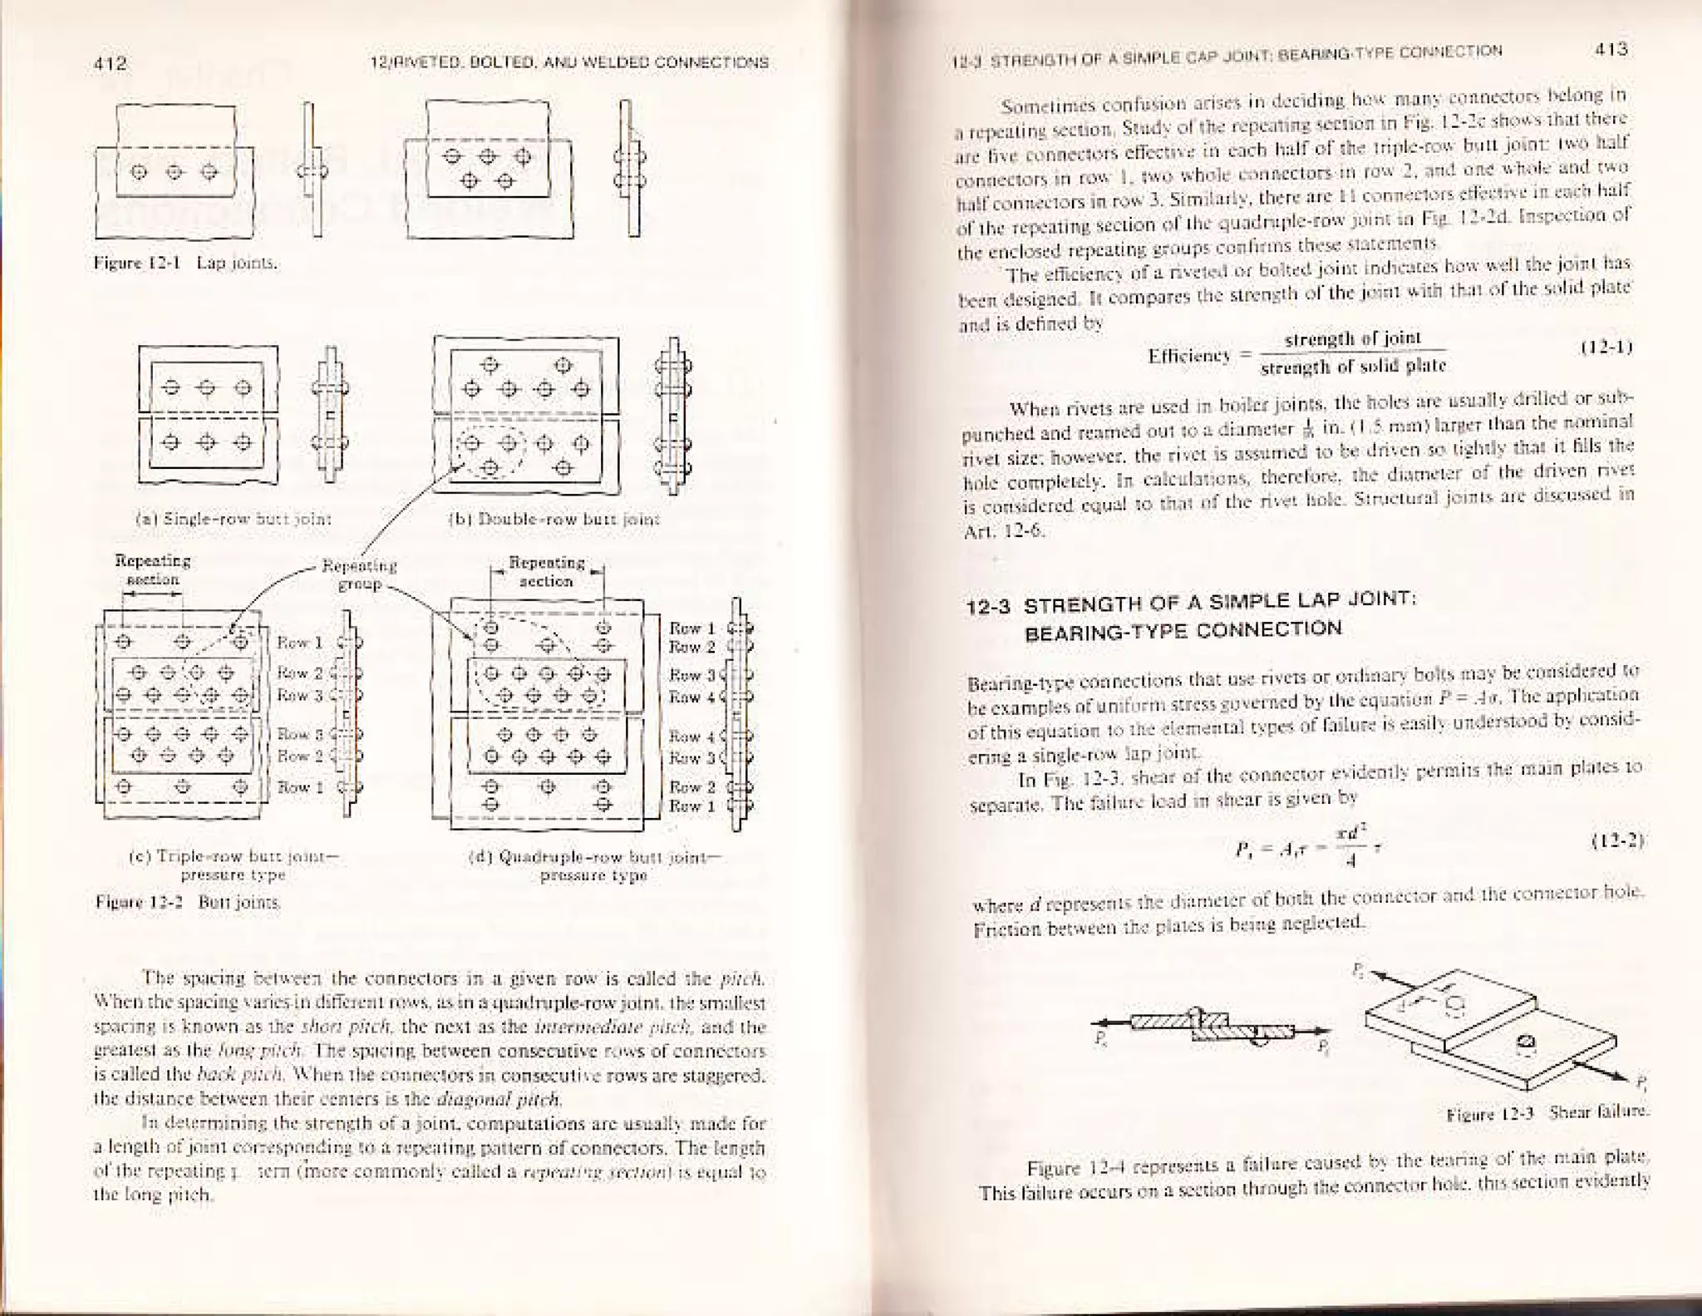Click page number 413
coord(1611,49)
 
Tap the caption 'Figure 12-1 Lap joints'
coord(186,264)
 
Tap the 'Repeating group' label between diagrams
coord(359,574)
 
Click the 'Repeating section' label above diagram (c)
coord(152,569)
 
